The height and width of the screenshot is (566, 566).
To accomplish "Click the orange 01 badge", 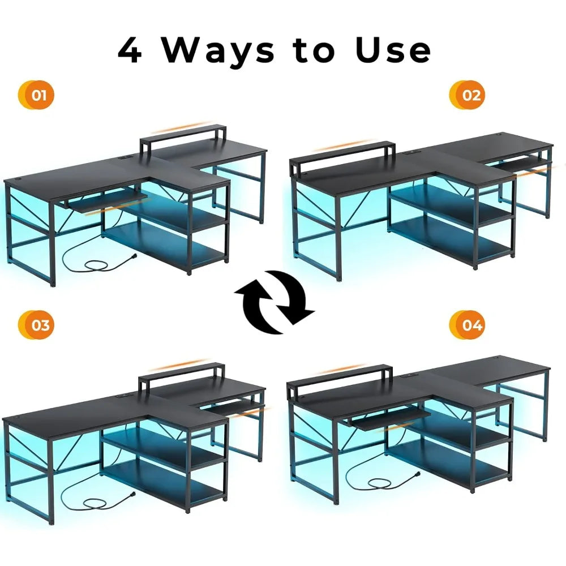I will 38,95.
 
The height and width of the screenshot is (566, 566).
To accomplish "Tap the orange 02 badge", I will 469,95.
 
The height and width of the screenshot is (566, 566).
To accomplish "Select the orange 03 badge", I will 38,325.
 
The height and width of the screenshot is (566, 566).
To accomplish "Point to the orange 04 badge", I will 469,325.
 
